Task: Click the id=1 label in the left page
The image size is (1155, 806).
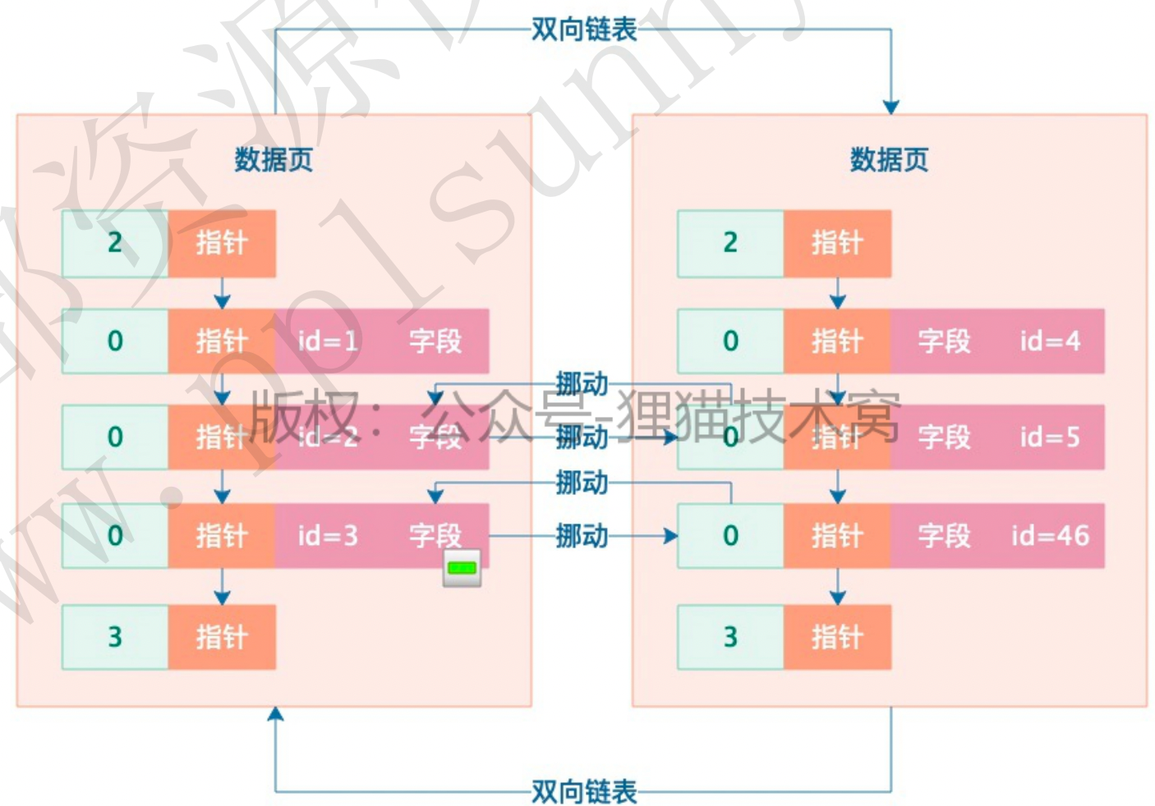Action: pyautogui.click(x=328, y=341)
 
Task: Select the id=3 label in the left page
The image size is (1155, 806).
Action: pyautogui.click(x=328, y=536)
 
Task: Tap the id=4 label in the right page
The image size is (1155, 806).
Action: pyautogui.click(x=1050, y=341)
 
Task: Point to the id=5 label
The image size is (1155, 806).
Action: pyautogui.click(x=1050, y=437)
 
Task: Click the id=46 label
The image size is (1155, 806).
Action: pyautogui.click(x=1050, y=536)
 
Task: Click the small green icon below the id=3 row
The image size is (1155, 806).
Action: pyautogui.click(x=462, y=568)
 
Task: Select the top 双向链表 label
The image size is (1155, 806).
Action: pyautogui.click(x=583, y=30)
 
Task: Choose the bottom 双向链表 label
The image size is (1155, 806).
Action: pyautogui.click(x=583, y=791)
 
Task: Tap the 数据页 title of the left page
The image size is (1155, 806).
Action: pyautogui.click(x=274, y=159)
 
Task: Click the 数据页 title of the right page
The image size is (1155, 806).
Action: pyautogui.click(x=889, y=159)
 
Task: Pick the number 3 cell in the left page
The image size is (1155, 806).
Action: pyautogui.click(x=115, y=637)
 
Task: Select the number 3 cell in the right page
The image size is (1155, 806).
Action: pyautogui.click(x=730, y=637)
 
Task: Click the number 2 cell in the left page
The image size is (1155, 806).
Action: pyautogui.click(x=115, y=243)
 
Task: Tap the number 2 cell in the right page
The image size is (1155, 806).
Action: pyautogui.click(x=730, y=243)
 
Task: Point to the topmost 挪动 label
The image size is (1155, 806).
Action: pyautogui.click(x=582, y=384)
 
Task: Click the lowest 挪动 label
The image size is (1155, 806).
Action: pyautogui.click(x=582, y=536)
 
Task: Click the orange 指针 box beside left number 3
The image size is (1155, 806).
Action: pyautogui.click(x=222, y=637)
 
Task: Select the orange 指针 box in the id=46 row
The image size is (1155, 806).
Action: pyautogui.click(x=837, y=536)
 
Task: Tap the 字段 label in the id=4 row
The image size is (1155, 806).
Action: pyautogui.click(x=944, y=341)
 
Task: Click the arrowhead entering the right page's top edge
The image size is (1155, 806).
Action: pyautogui.click(x=890, y=108)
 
